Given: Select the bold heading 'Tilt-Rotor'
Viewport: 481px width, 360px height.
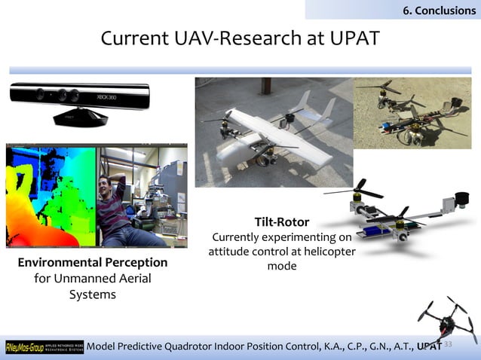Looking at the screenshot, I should [281, 222].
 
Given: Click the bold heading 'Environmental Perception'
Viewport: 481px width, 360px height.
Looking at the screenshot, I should [93, 263].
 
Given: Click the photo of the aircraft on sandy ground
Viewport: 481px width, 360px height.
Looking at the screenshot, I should [412, 111].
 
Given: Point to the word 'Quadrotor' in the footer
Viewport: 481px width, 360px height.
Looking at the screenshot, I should [208, 346].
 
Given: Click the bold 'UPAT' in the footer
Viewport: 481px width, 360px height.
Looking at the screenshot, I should [430, 346].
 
